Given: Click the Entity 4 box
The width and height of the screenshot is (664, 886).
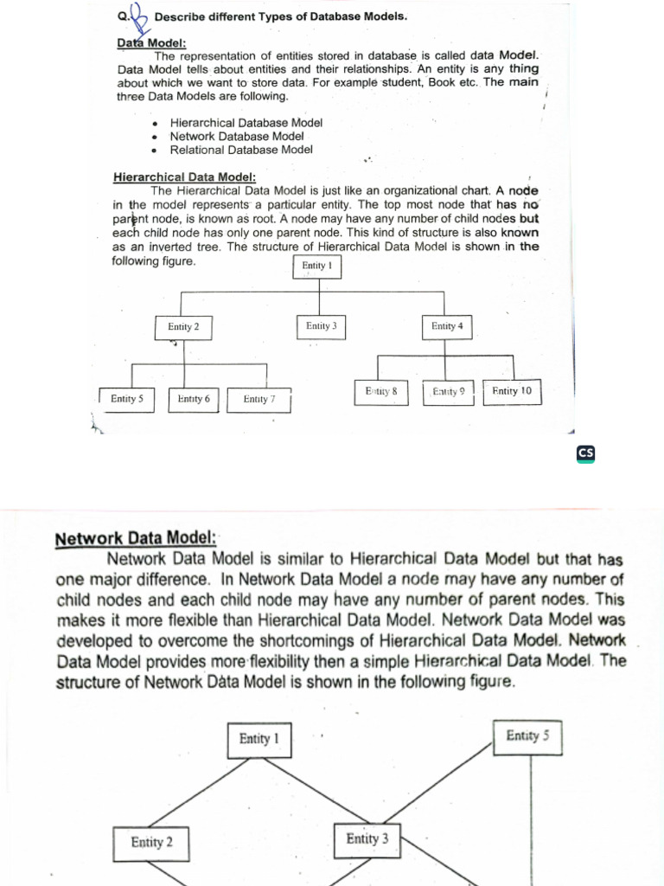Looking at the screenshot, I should [447, 326].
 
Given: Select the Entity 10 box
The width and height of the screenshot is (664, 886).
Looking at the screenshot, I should [511, 392].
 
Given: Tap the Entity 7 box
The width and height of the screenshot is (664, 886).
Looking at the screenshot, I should [259, 399].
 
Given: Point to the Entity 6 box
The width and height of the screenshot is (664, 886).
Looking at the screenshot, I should [194, 399].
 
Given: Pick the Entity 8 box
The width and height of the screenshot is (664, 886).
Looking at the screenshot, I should [381, 392].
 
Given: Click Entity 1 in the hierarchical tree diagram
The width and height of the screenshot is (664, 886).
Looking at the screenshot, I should [318, 266].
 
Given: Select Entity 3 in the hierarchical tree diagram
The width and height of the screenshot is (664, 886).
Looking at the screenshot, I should [321, 326].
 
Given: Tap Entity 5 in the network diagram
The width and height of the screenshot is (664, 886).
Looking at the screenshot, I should [527, 736].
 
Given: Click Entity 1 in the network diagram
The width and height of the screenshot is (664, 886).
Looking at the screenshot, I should [259, 739].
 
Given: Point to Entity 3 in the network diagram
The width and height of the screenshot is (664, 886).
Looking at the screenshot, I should [367, 838].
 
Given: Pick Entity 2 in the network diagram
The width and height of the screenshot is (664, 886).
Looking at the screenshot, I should [151, 842].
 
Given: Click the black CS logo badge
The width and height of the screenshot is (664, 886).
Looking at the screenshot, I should [586, 453].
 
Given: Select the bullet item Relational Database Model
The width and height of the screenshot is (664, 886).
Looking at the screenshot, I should [241, 150].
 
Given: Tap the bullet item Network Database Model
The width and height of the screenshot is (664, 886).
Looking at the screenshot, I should [237, 137].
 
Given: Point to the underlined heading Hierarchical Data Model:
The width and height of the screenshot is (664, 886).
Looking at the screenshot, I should [178, 178].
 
